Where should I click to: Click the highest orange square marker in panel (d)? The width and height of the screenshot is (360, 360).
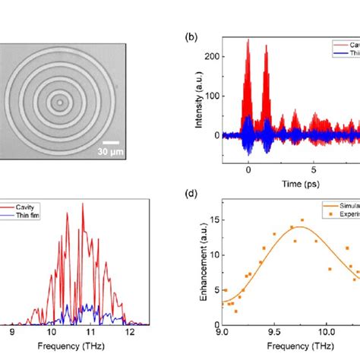coord(302,220)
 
